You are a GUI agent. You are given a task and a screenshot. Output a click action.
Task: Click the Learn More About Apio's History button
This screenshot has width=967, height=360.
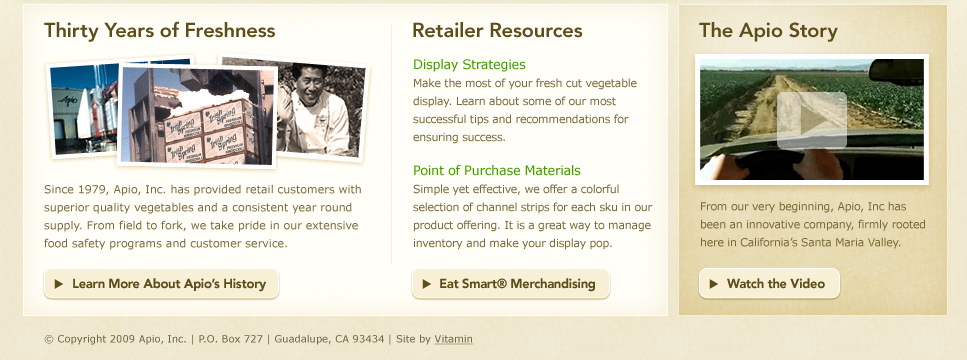tap(161, 284)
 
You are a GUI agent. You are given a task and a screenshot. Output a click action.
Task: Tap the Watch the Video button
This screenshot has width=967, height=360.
tap(769, 284)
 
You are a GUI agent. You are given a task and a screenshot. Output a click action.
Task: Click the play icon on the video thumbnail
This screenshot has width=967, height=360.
tap(812, 120)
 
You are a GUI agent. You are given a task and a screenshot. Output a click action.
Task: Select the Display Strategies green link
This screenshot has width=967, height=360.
tap(469, 65)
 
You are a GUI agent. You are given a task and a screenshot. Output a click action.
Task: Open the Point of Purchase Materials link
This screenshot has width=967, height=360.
tap(496, 171)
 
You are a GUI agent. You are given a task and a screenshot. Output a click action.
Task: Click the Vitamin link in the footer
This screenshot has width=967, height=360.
tap(453, 339)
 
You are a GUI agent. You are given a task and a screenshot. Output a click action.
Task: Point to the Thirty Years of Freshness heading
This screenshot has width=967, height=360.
tap(160, 31)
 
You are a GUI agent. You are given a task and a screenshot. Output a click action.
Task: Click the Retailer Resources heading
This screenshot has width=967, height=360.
tap(497, 31)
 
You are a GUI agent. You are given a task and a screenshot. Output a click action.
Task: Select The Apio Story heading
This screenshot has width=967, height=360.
tap(768, 31)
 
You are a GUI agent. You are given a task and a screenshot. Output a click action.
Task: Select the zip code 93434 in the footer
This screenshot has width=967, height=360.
tap(368, 339)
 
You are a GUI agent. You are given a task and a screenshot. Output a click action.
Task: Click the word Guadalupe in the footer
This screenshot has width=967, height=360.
tap(299, 339)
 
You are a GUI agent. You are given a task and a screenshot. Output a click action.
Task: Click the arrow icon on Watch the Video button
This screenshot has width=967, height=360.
tap(714, 284)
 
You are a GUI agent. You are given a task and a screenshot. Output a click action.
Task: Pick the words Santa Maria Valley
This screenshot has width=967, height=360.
tap(851, 243)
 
